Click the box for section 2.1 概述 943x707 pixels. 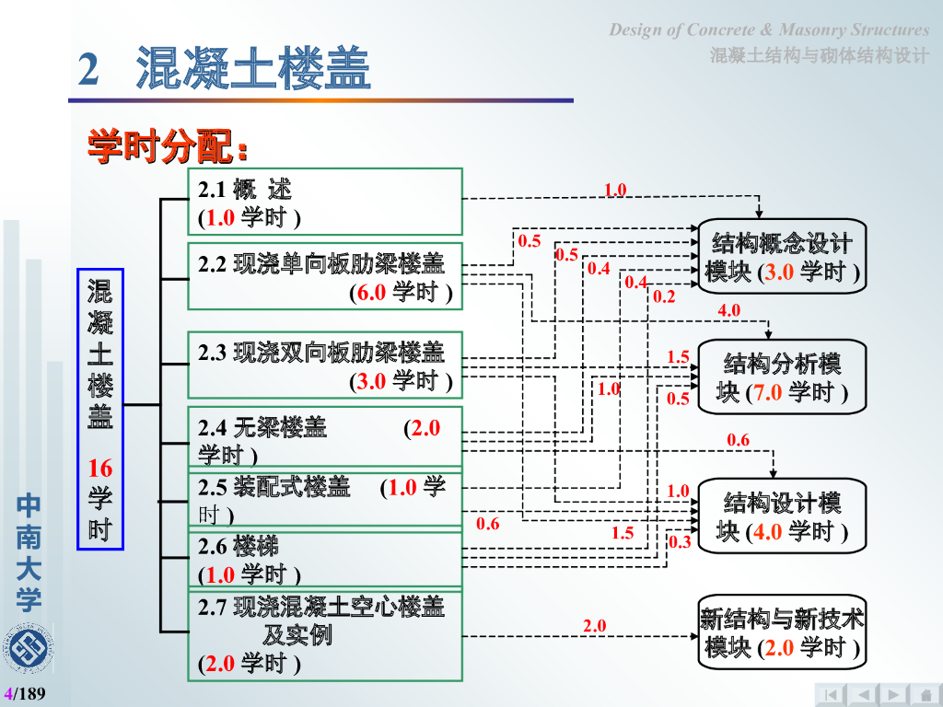324,202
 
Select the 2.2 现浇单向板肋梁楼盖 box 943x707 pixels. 324,276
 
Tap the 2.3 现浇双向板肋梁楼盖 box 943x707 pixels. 324,365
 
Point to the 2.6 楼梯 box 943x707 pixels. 324,560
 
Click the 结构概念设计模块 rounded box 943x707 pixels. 783,257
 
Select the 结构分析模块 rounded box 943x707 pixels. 783,377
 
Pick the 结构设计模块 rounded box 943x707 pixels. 783,516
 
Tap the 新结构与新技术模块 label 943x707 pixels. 783,633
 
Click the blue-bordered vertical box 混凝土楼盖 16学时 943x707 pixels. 99,409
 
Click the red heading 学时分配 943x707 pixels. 168,146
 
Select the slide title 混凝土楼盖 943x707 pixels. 252,70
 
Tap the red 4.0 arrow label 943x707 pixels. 729,311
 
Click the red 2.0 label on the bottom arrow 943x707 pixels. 594,626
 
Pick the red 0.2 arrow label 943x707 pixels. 664,297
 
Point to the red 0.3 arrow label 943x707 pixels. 680,542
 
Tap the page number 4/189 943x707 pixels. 25,693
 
